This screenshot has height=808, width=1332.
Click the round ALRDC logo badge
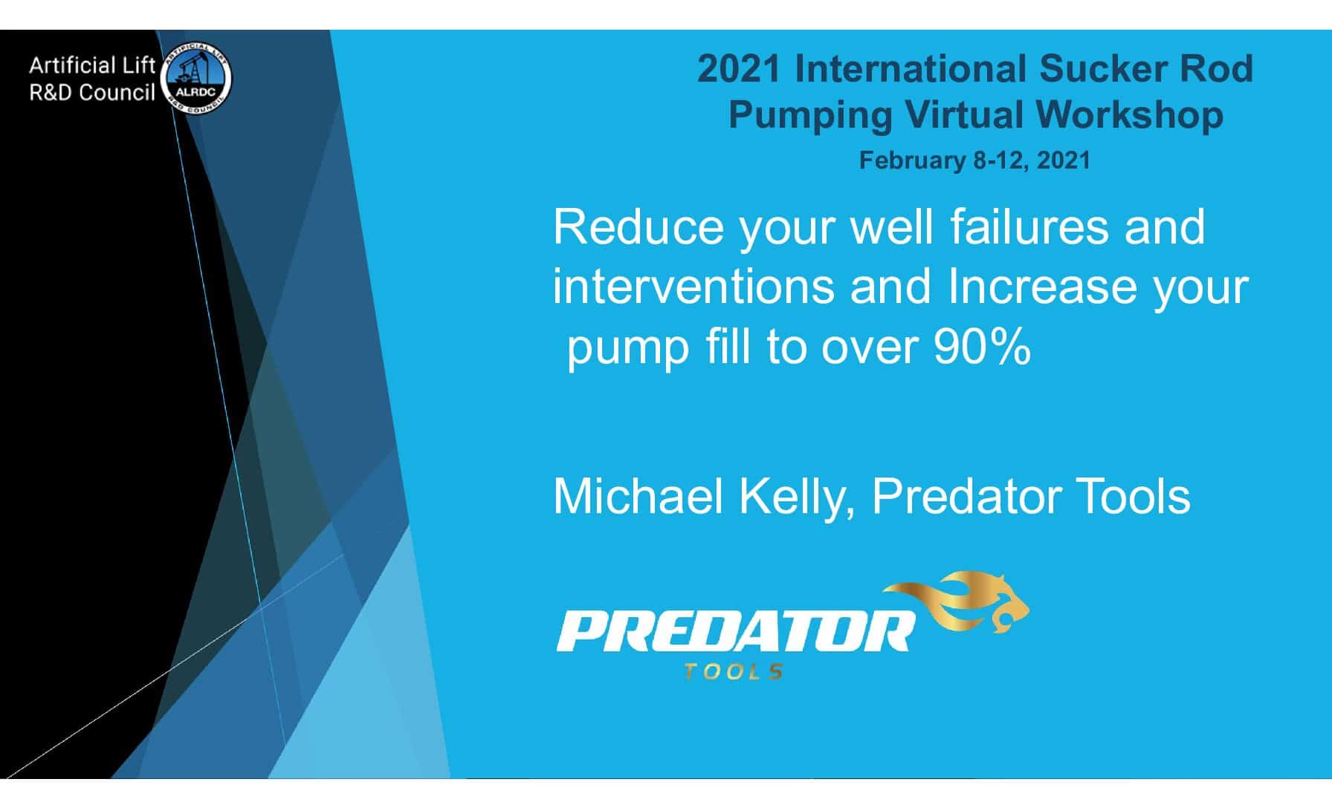click(x=197, y=80)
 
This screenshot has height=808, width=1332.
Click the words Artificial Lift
click(x=92, y=66)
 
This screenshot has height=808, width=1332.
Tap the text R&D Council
click(x=92, y=93)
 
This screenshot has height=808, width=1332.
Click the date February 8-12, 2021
click(x=974, y=160)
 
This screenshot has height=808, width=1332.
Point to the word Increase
click(x=1043, y=287)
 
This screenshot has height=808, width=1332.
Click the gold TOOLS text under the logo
click(x=733, y=672)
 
